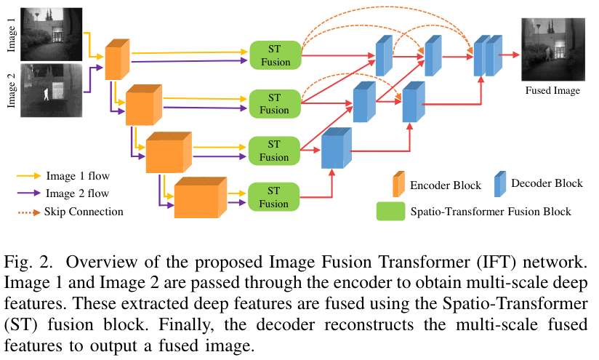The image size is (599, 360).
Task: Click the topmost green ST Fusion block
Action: (275, 56)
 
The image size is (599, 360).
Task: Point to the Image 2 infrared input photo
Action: (52, 89)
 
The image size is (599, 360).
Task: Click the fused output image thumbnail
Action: (553, 49)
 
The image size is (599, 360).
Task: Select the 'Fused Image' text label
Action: (553, 91)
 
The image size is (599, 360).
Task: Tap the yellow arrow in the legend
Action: (28, 175)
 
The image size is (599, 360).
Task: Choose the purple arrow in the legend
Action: (28, 193)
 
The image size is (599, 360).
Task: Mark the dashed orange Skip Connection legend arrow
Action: (28, 212)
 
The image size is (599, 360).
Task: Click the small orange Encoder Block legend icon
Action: (398, 184)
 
